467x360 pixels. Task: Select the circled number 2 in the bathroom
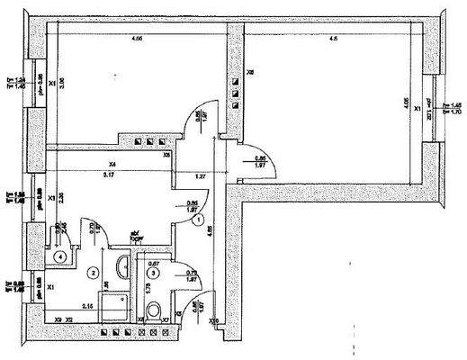tap(92, 271)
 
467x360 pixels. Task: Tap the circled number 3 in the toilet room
tap(154, 272)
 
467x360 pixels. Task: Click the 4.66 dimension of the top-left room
tap(137, 39)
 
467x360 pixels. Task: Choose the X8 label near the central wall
tap(250, 71)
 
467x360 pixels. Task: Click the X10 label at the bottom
tap(213, 320)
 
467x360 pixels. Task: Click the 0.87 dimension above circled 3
tap(154, 264)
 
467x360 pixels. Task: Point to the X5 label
tap(167, 156)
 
